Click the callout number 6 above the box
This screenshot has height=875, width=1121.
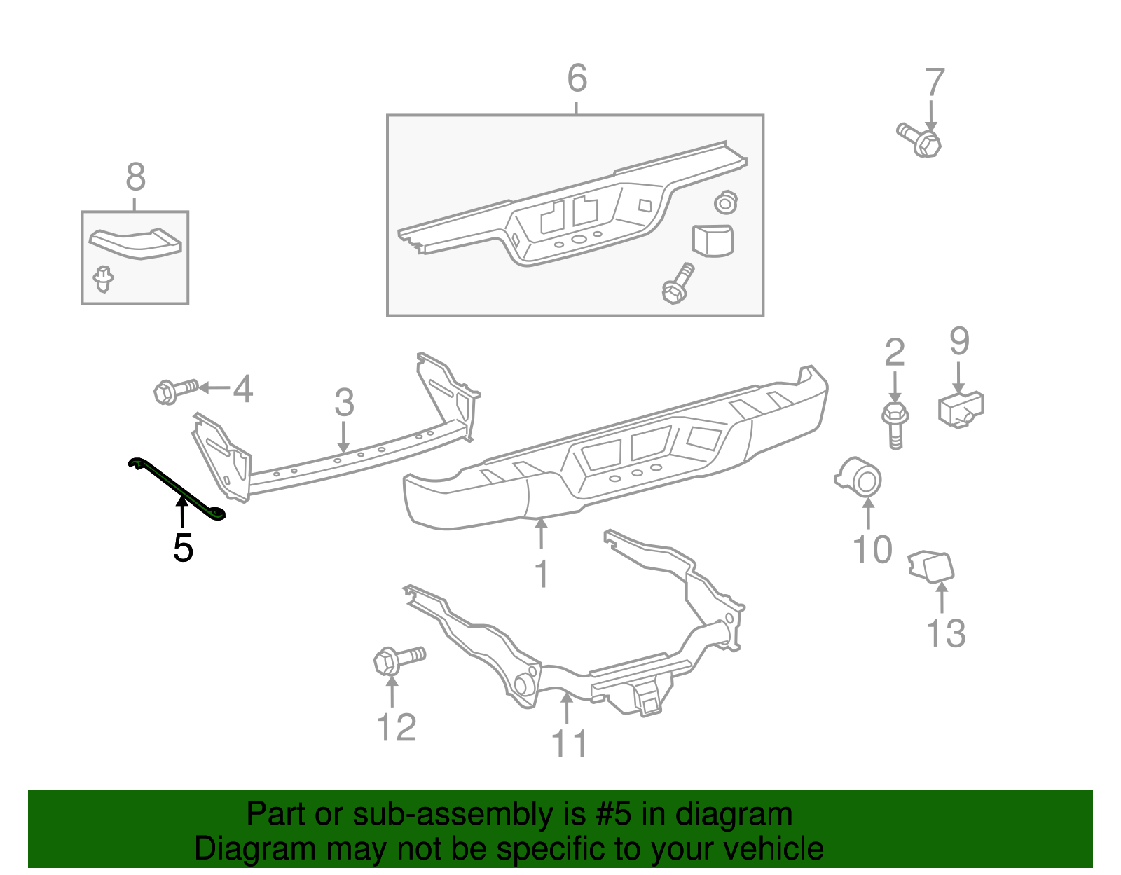click(577, 78)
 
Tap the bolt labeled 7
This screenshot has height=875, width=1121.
click(920, 139)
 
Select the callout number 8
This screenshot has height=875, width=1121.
click(135, 177)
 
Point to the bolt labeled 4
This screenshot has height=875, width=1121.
click(175, 390)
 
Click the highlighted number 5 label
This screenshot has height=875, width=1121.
click(183, 548)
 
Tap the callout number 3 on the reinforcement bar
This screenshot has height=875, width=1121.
click(344, 403)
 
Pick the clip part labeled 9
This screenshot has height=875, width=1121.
click(961, 409)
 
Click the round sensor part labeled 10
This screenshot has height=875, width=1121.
click(861, 479)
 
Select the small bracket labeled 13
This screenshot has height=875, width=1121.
click(931, 567)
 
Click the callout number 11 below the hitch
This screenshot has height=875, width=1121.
click(569, 744)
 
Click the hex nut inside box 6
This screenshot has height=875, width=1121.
click(726, 203)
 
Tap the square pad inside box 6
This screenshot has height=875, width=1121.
click(713, 240)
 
